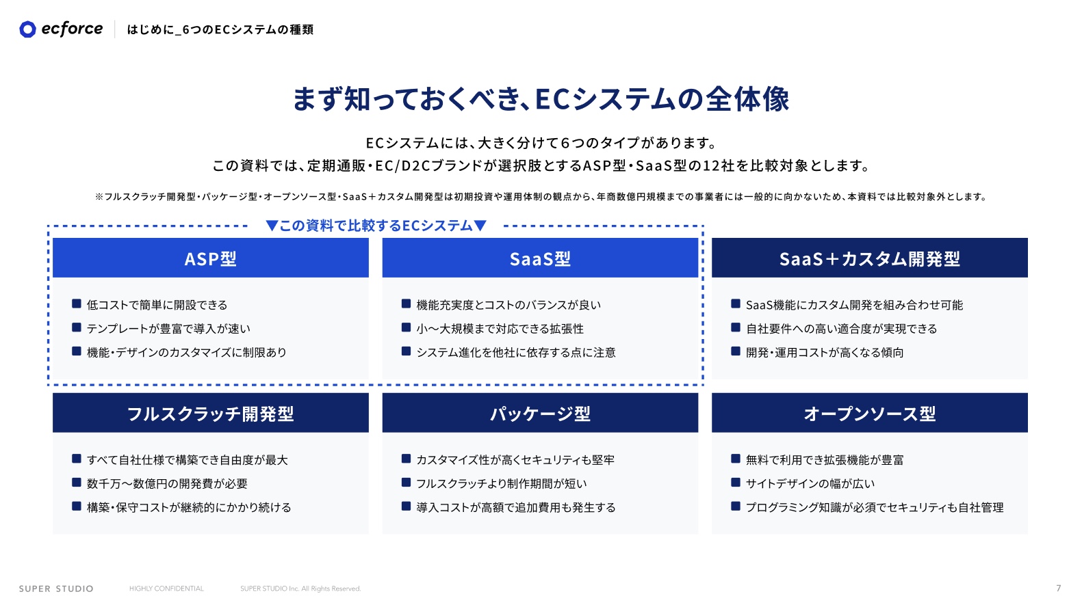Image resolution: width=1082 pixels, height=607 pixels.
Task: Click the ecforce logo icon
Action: click(x=27, y=29)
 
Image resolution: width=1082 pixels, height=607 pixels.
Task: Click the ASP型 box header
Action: click(x=211, y=258)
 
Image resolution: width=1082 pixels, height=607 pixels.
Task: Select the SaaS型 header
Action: click(x=540, y=258)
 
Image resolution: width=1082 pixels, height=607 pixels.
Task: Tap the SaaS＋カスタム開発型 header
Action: click(x=869, y=258)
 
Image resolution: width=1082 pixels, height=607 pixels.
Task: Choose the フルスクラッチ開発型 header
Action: click(x=211, y=413)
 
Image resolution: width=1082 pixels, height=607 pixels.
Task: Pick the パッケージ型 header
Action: click(x=540, y=413)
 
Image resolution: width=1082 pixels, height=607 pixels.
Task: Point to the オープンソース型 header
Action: click(x=869, y=413)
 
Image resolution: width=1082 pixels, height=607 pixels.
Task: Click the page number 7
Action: click(x=1058, y=588)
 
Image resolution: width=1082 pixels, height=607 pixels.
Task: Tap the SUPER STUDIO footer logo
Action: click(x=56, y=589)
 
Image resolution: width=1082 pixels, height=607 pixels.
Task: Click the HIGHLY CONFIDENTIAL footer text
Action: click(x=166, y=589)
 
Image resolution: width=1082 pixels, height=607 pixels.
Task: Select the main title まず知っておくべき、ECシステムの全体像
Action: click(x=541, y=99)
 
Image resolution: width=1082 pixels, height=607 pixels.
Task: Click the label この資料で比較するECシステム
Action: click(x=376, y=226)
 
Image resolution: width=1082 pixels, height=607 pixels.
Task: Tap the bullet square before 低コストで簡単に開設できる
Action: click(x=77, y=303)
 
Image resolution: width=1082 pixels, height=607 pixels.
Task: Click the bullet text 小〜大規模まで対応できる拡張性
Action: click(x=500, y=329)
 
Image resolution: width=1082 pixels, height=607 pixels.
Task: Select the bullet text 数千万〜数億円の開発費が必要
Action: click(x=167, y=483)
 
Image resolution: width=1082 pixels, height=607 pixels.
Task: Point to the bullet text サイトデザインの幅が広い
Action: click(x=810, y=483)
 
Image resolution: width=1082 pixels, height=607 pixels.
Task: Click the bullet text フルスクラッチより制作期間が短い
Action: click(x=502, y=483)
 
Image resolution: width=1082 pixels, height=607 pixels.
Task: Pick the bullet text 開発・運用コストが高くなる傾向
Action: click(x=825, y=352)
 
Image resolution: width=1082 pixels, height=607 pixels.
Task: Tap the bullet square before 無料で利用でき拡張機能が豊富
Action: click(x=736, y=459)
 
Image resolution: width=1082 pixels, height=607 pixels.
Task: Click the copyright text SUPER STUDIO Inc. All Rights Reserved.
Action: click(x=300, y=589)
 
